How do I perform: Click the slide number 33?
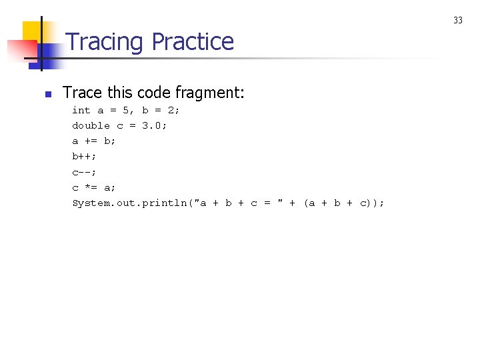(x=458, y=21)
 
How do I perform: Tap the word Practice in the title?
(x=193, y=42)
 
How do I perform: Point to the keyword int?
(x=81, y=110)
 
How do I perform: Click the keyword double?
(x=91, y=125)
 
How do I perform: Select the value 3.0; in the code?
(x=154, y=125)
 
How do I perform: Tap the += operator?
(x=91, y=141)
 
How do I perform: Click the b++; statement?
(x=84, y=156)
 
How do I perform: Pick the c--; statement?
(x=84, y=172)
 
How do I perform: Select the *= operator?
(x=91, y=187)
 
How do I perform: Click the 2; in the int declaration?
(x=173, y=110)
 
